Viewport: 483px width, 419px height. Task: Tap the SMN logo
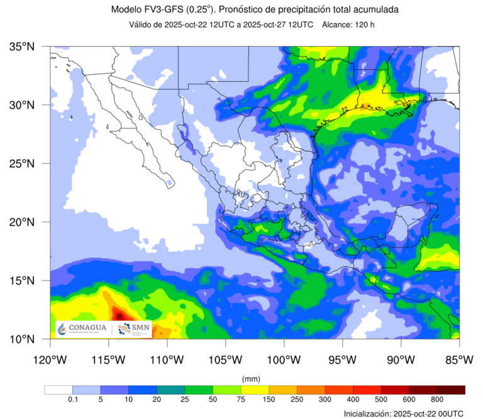point(133,329)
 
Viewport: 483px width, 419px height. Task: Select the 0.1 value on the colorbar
point(72,400)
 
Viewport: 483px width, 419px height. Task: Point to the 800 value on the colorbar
point(437,400)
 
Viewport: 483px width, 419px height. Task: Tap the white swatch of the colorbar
point(58,390)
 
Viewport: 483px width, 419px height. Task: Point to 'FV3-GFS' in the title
point(164,10)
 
